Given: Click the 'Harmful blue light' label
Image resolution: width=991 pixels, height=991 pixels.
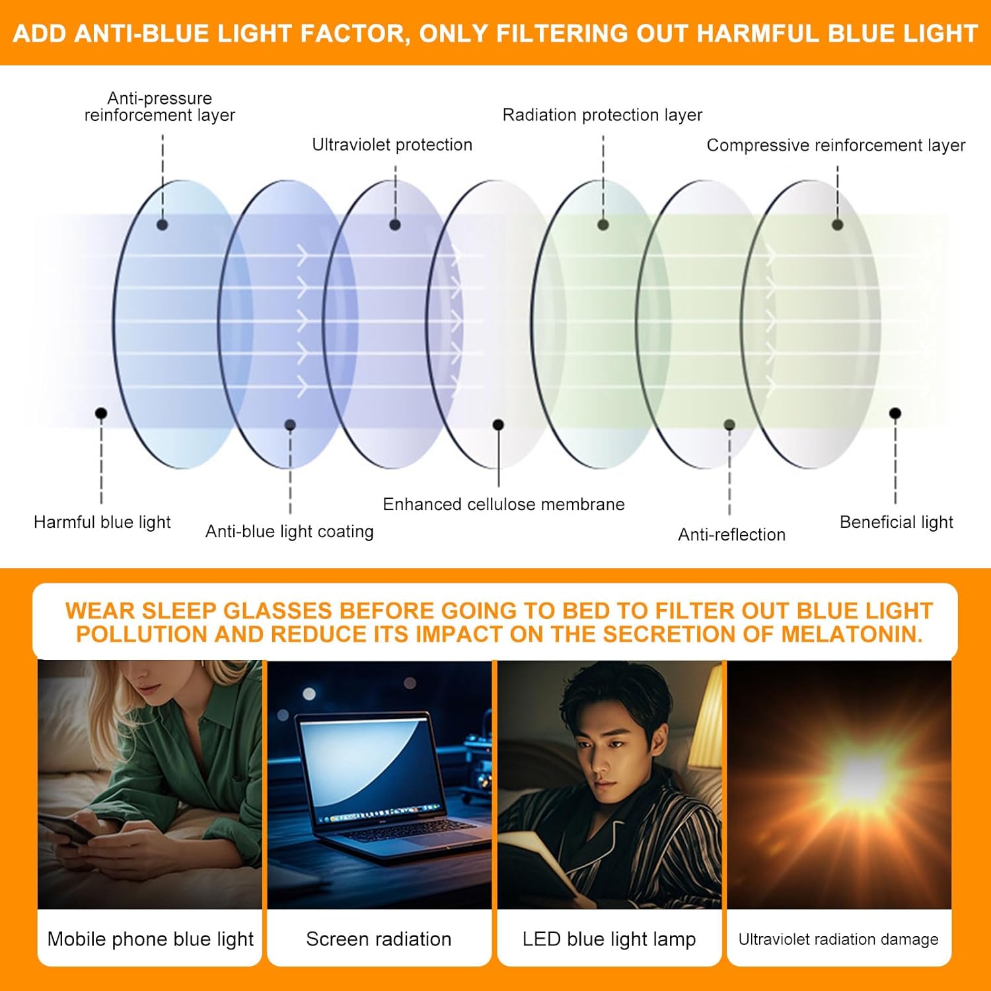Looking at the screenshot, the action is point(102,522).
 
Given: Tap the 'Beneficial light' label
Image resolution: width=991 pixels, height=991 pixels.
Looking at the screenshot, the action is point(896,522).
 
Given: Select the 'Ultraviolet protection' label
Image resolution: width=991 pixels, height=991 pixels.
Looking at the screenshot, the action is point(392,145).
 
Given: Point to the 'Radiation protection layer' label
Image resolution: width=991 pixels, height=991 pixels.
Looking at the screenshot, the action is point(602,115).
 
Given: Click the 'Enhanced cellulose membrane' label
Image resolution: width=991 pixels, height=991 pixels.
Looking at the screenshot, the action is point(503,504).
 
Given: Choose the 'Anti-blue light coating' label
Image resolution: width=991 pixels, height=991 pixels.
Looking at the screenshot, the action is point(289,531).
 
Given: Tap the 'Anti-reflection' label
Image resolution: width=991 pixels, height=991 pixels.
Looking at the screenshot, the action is point(731,534).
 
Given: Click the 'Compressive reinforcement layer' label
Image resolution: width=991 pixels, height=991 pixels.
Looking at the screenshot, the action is point(836,145).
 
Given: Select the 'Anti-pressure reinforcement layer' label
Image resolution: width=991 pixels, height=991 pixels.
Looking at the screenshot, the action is point(159,106).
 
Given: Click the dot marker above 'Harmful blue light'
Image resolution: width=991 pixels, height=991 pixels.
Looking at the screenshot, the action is point(101,414).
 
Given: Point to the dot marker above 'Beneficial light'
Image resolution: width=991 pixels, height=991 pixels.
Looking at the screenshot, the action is point(895,414).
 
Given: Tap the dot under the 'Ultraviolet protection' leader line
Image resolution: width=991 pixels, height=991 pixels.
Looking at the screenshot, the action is point(395,225).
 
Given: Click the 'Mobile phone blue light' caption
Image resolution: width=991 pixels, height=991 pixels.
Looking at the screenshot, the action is point(150,939).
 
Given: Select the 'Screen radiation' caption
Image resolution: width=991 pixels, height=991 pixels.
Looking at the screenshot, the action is point(379,939).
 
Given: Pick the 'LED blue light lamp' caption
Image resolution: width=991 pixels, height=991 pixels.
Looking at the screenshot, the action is point(608,939).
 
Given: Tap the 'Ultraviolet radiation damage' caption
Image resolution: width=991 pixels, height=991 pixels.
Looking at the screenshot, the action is point(838,939).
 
